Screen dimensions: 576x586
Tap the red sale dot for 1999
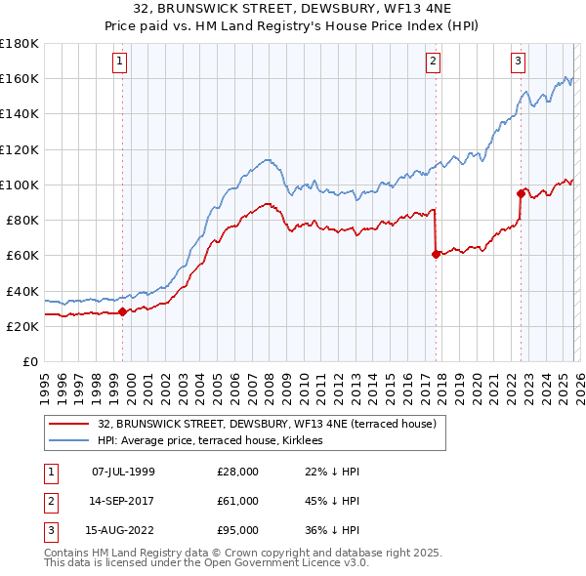122,312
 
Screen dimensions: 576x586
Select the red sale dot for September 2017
435,254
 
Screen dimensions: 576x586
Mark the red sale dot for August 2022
521,193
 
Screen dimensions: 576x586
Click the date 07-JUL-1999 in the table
123,472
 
